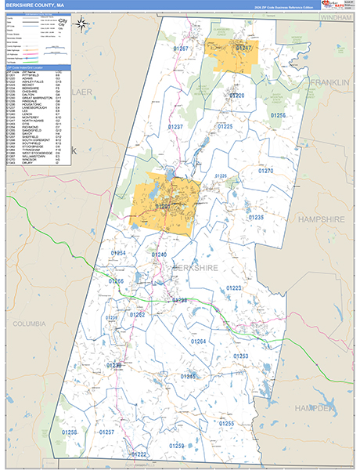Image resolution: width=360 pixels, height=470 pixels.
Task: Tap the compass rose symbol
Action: [82, 23]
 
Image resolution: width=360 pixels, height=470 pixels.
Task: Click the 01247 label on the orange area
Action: [245, 49]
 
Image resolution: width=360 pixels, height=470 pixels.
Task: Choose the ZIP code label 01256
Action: [278, 115]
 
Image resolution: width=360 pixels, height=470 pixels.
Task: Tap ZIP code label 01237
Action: [175, 126]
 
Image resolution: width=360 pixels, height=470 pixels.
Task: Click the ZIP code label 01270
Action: [266, 171]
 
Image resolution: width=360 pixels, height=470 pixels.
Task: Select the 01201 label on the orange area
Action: [164, 206]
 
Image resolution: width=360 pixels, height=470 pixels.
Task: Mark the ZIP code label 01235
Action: [257, 217]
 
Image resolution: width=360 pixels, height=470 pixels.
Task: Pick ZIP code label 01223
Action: [234, 288]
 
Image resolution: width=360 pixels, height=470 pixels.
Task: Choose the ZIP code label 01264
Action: [198, 342]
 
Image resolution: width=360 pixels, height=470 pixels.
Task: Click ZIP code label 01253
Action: [241, 356]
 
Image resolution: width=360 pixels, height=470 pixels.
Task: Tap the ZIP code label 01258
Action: [70, 432]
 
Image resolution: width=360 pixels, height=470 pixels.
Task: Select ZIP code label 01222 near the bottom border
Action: [139, 454]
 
